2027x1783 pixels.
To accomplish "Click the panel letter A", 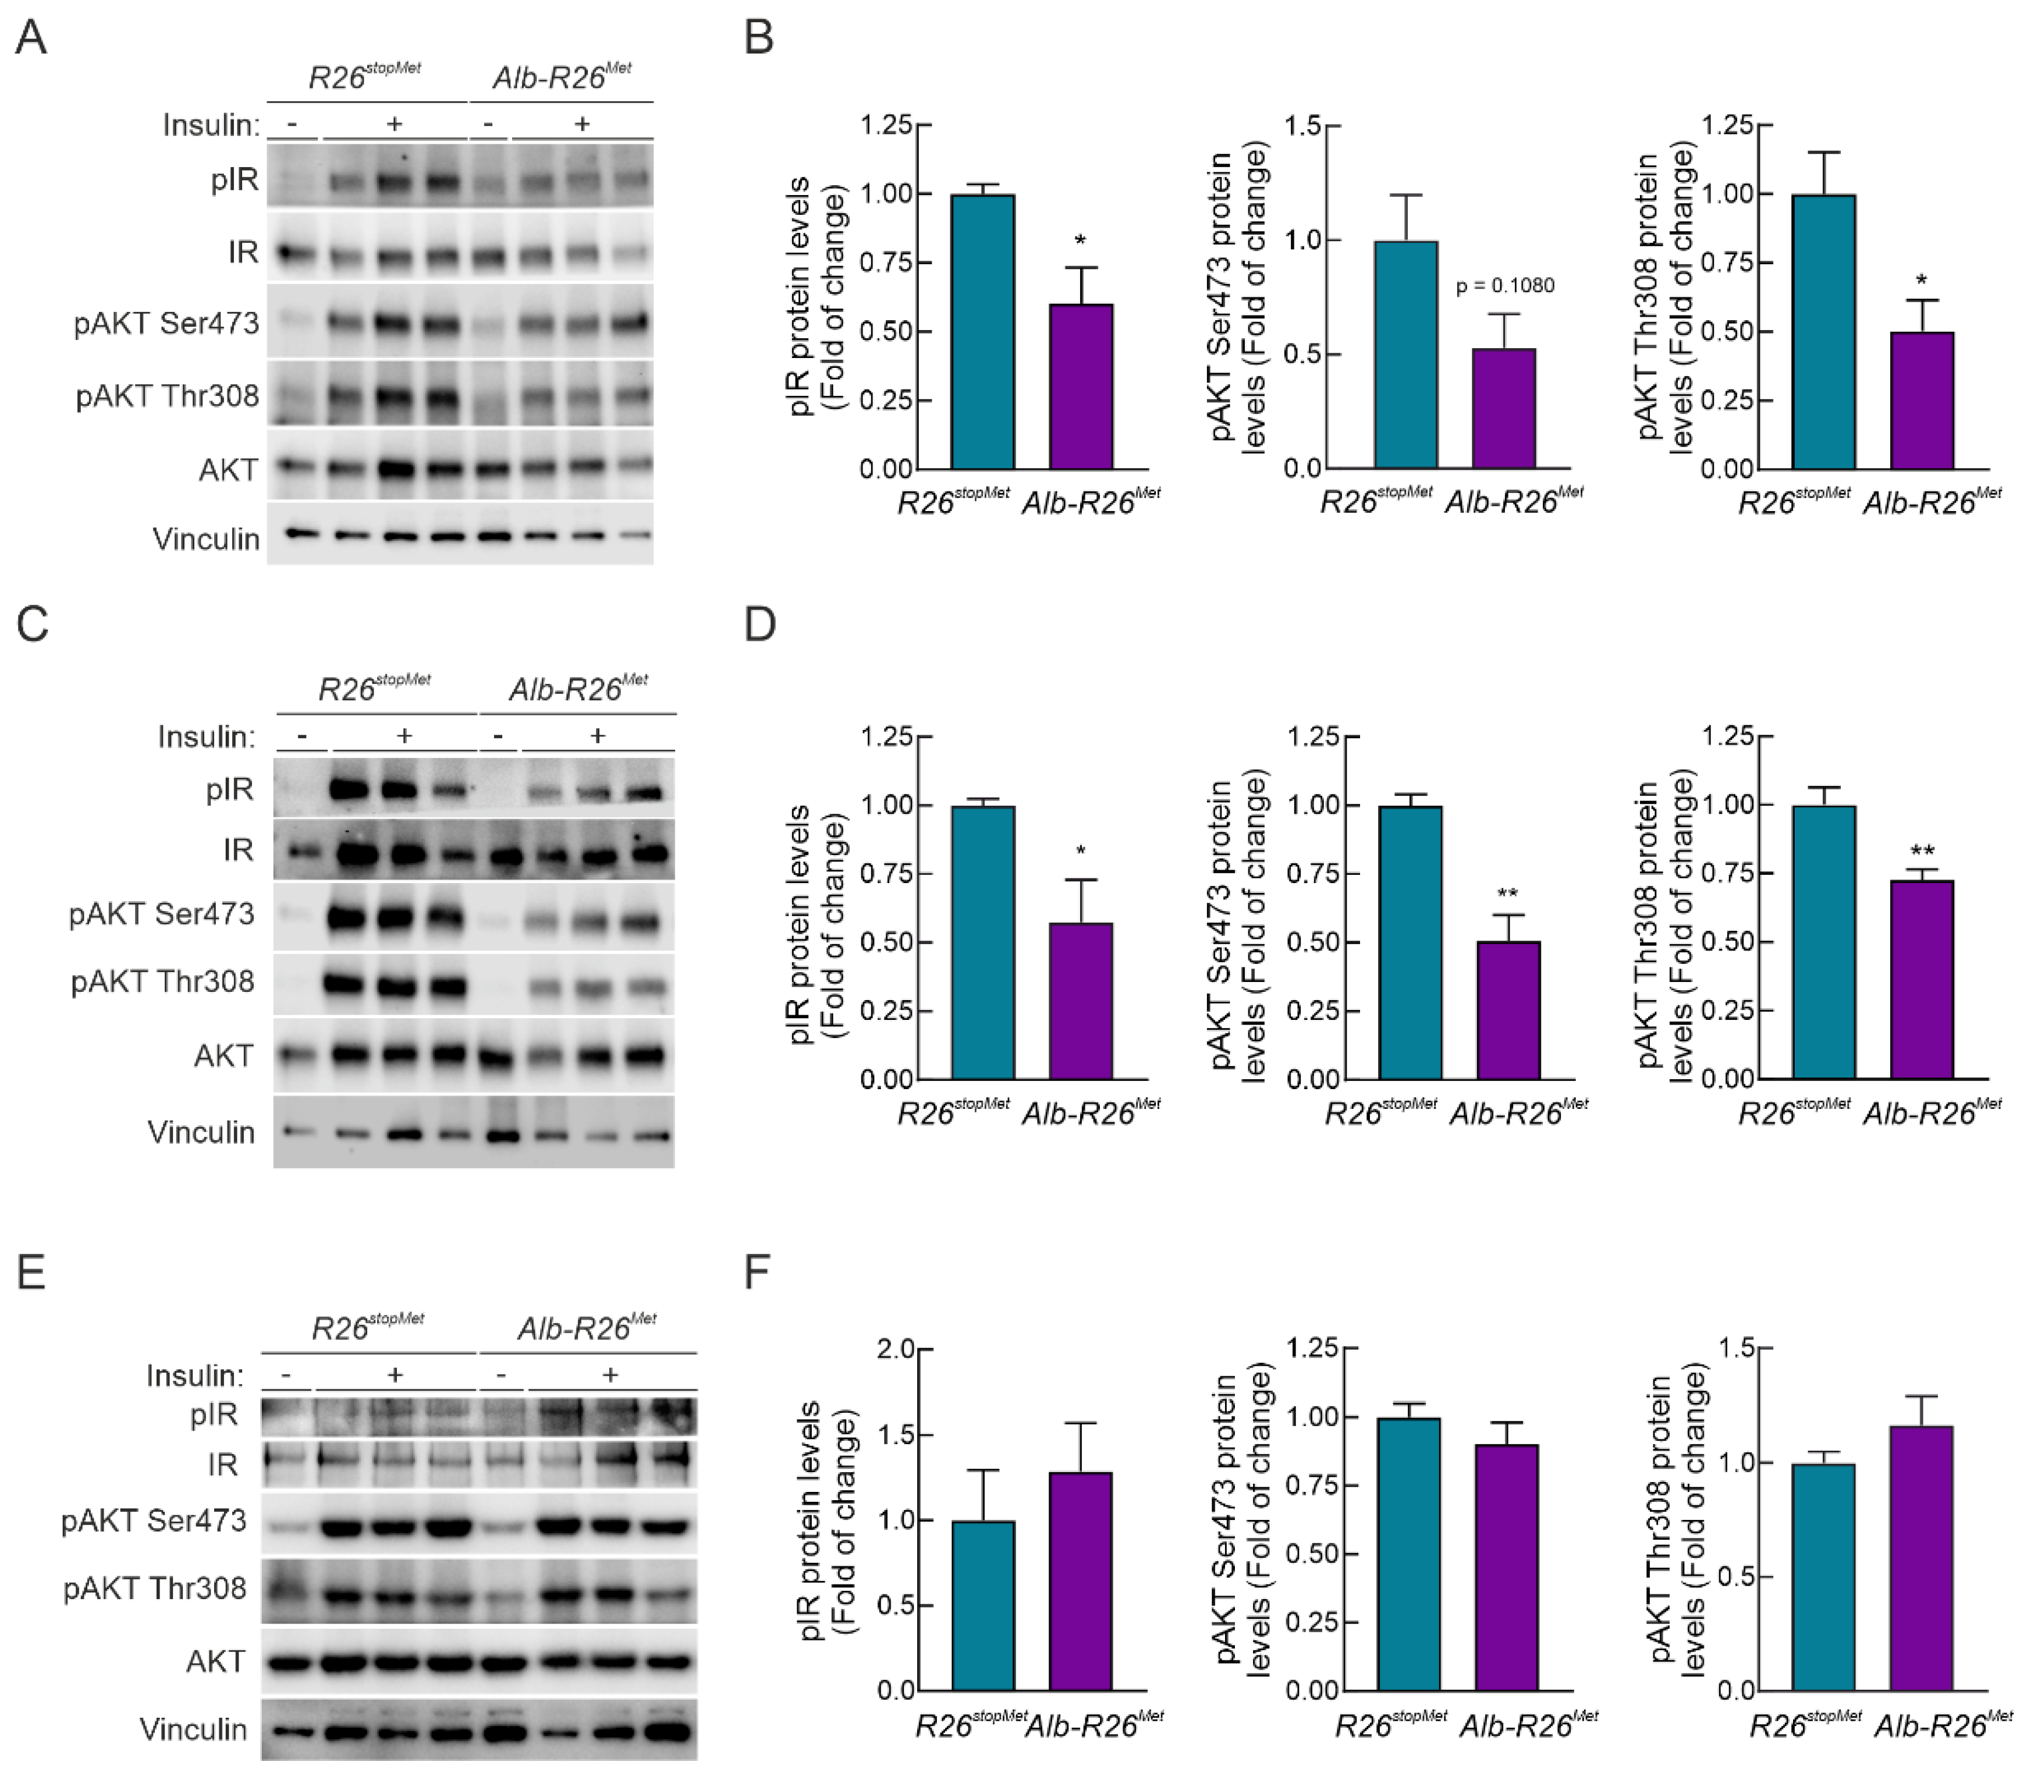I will click(31, 38).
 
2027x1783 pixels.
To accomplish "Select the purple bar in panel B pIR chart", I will click(1080, 387).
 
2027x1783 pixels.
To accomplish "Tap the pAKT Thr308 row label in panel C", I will click(162, 982).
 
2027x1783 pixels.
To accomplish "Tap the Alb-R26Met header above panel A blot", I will click(561, 75).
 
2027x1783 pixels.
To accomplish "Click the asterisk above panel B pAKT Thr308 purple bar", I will click(1921, 281).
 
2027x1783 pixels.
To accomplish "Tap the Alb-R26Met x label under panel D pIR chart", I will click(1090, 1112).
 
